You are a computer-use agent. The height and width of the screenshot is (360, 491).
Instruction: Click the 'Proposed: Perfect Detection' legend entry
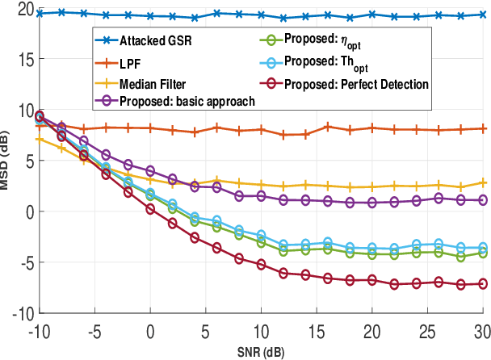click(x=355, y=82)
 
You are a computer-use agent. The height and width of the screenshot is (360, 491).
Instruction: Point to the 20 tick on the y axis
click(x=20, y=9)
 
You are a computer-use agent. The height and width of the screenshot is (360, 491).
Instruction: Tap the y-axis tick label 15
click(x=20, y=60)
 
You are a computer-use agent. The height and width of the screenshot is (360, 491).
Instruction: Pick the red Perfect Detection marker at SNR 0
click(x=150, y=209)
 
